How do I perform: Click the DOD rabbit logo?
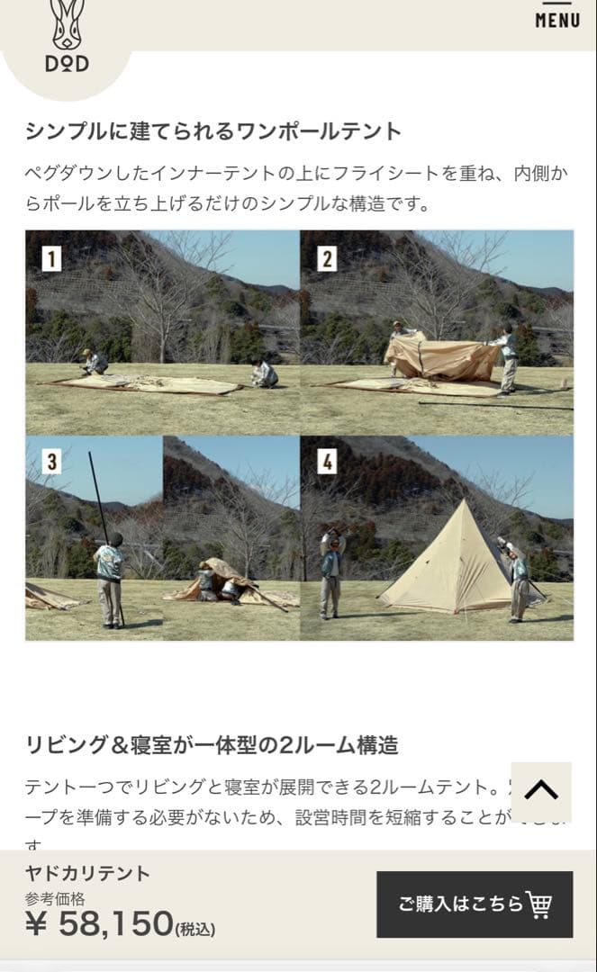click(x=67, y=36)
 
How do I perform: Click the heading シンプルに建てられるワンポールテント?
click(x=213, y=130)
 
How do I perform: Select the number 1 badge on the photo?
click(x=52, y=259)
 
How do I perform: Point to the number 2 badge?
click(x=327, y=259)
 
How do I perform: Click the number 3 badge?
click(x=52, y=463)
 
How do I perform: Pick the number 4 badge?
click(x=327, y=463)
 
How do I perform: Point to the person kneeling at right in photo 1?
click(x=265, y=373)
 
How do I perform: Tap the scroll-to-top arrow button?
click(x=540, y=791)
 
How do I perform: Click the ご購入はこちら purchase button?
click(x=475, y=904)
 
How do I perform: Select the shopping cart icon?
click(x=538, y=904)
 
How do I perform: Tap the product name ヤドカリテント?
click(x=87, y=873)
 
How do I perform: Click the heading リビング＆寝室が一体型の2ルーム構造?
click(x=212, y=745)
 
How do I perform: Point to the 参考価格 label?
click(x=54, y=898)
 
